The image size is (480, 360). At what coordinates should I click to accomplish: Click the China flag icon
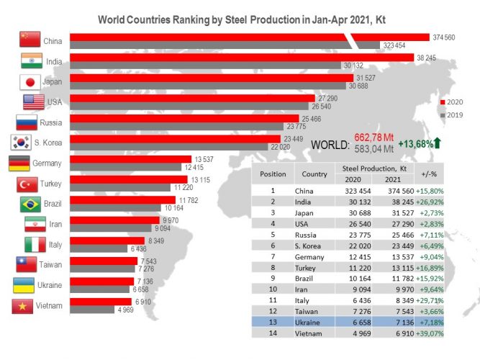[x=30, y=39]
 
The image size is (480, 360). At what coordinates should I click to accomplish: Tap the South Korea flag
[x=21, y=143]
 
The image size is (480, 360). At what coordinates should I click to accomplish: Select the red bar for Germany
[x=131, y=159]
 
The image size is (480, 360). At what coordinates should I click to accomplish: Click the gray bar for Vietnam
[x=92, y=310]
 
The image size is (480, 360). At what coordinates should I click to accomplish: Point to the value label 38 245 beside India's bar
[x=427, y=58]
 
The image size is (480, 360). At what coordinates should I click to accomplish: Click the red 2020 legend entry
[x=451, y=102]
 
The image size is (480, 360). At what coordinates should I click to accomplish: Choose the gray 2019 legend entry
[x=451, y=115]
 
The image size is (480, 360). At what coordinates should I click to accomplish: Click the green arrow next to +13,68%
[x=437, y=143]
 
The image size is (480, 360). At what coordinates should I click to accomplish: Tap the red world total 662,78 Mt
[x=373, y=138]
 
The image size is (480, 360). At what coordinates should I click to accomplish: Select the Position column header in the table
[x=273, y=174]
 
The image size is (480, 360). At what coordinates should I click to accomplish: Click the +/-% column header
[x=429, y=174]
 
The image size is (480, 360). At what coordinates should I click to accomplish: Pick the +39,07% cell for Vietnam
[x=430, y=333]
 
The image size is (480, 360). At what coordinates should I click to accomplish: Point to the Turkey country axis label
[x=51, y=184]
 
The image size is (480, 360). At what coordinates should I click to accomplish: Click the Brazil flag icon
[x=30, y=204]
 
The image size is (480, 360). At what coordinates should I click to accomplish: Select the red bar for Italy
[x=107, y=240]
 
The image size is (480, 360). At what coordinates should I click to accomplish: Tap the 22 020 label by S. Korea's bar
[x=281, y=147]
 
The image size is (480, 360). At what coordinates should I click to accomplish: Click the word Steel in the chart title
[x=236, y=19]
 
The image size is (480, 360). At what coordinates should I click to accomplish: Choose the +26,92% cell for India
[x=430, y=202]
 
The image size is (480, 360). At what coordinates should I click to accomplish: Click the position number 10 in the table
[x=273, y=289]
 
